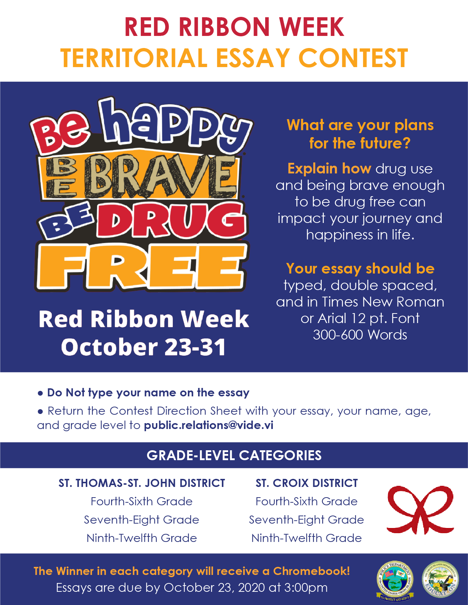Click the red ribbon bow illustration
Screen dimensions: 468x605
(420, 510)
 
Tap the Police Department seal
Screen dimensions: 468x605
(395, 580)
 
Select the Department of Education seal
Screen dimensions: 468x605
(440, 579)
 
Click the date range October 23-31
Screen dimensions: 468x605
(143, 347)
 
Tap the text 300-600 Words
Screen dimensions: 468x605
(360, 335)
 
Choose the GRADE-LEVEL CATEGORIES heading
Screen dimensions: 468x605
(234, 455)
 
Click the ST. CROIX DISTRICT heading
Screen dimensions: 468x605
(307, 483)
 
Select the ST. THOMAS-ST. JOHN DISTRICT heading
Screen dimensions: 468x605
(142, 483)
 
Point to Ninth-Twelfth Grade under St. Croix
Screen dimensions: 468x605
(307, 538)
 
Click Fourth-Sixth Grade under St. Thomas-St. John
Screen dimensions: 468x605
(142, 502)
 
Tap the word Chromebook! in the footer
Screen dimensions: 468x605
(311, 571)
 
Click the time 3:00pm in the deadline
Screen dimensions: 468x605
(306, 588)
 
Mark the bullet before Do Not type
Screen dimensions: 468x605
(40, 393)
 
